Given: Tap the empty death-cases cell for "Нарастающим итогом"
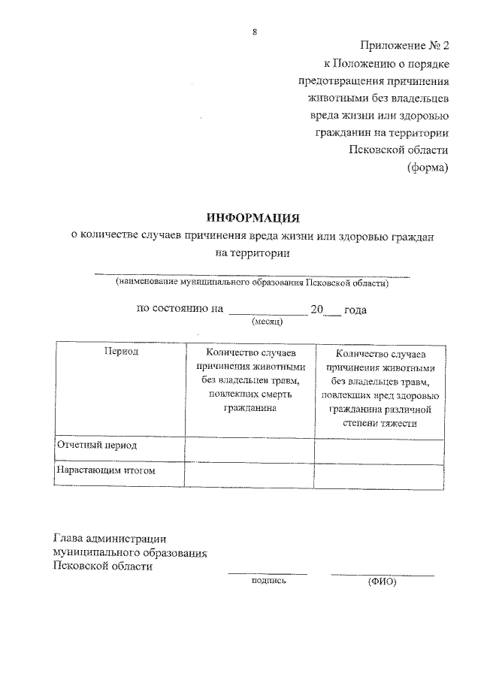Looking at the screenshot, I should (x=249, y=473).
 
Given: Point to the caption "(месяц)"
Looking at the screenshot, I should (x=267, y=322).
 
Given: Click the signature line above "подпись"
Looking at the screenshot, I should (x=268, y=574).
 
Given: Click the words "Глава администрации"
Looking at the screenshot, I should (x=110, y=538).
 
